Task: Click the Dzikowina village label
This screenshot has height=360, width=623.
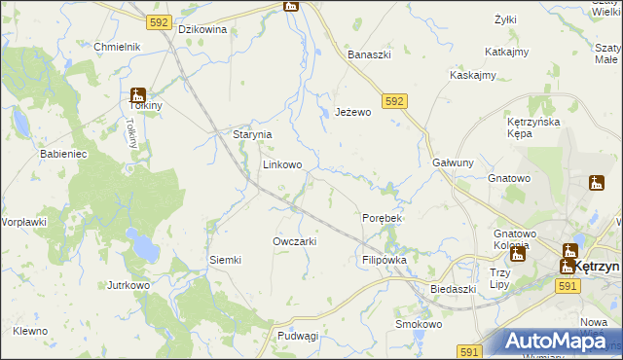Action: pyautogui.click(x=202, y=29)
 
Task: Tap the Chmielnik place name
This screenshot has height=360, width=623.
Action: pyautogui.click(x=118, y=47)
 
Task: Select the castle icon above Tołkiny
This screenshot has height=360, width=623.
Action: pyautogui.click(x=137, y=96)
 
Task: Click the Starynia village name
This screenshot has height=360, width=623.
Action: pyautogui.click(x=251, y=135)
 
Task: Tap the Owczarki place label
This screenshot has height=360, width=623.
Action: pyautogui.click(x=295, y=241)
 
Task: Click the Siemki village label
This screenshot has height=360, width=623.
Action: pyautogui.click(x=225, y=260)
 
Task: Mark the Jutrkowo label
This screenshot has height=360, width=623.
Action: pyautogui.click(x=128, y=286)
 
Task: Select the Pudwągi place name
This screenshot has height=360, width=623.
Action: pyautogui.click(x=298, y=336)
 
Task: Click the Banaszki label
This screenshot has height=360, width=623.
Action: pyautogui.click(x=370, y=54)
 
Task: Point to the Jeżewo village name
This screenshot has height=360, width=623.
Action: pyautogui.click(x=353, y=112)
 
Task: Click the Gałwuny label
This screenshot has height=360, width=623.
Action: pyautogui.click(x=453, y=163)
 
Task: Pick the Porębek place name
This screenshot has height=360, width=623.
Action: pyautogui.click(x=382, y=218)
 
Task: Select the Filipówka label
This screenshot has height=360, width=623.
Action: pyautogui.click(x=384, y=261)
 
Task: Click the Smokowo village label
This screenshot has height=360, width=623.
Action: pyautogui.click(x=419, y=324)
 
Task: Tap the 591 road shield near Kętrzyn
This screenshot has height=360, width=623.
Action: pyautogui.click(x=569, y=286)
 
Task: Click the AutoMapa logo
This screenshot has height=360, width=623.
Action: pyautogui.click(x=553, y=341)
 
